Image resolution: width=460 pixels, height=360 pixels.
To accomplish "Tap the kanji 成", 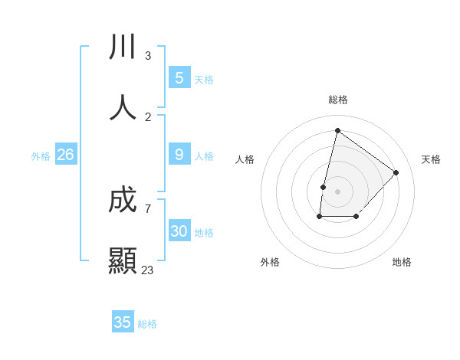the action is point(123,201).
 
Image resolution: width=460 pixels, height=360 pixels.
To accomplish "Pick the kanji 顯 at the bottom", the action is point(123,260).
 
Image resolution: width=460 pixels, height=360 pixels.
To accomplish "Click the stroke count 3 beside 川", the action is point(148,56).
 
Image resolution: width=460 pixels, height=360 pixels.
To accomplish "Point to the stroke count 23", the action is point(147,270).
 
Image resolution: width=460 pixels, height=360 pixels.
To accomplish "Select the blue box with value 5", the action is point(179,77).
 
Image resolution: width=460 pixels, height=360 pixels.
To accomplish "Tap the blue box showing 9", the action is point(179,155).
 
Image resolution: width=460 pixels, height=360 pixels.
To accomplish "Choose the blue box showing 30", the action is point(179,231).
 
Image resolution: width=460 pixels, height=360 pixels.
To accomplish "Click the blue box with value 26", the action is point(66,155).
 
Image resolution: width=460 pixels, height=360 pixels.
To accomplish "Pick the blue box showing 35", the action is point(123,322).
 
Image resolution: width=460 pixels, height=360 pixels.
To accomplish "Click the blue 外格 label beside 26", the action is point(41,156).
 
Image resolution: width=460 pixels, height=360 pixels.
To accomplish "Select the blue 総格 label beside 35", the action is point(147,324).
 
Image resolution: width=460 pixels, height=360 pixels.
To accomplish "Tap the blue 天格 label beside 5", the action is point(204,79).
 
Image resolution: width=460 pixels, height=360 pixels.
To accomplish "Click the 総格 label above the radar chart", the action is point(337,100).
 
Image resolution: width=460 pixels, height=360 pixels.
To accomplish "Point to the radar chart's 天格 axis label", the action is point(431,159).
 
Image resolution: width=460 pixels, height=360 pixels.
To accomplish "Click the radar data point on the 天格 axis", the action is point(396,172).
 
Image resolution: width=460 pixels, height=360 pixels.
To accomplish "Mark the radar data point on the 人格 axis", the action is point(324,187).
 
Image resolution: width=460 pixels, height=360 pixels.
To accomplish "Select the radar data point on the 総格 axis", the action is point(337,130).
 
